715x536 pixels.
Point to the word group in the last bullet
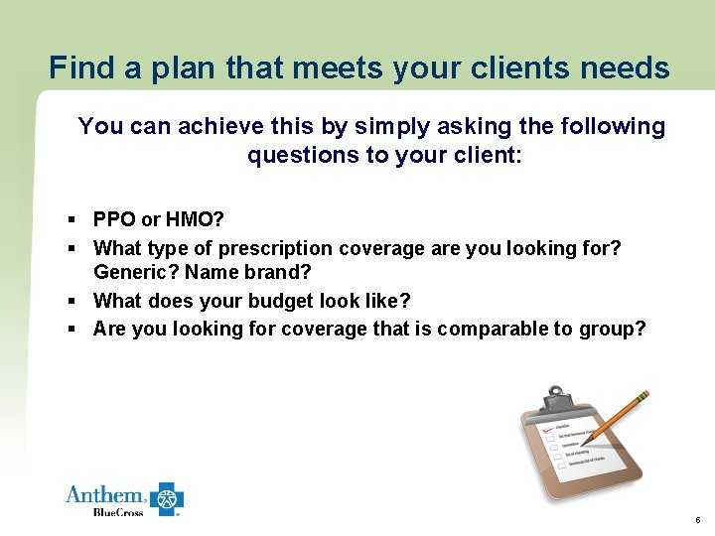tap(614, 329)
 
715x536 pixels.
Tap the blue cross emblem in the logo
tap(167, 498)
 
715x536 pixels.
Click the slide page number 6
tap(698, 520)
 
